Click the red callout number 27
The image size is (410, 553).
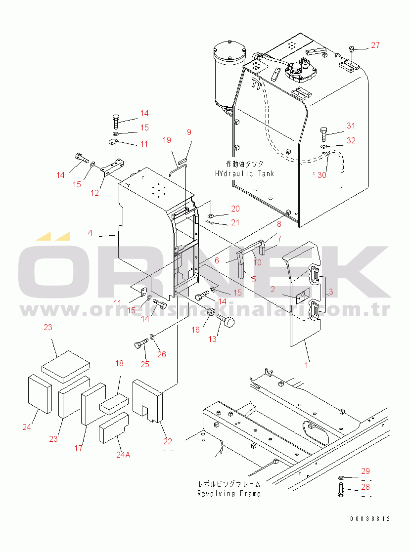coord(375,45)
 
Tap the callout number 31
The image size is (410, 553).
coord(351,126)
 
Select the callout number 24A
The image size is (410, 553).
coord(123,455)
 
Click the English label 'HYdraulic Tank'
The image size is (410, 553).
coord(244,173)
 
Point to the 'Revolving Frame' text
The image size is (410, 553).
coord(229,494)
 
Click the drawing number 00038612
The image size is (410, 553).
coord(370,519)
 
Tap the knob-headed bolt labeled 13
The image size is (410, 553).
coord(226,321)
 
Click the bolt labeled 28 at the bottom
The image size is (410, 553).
coord(341,491)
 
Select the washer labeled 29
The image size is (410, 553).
coord(341,477)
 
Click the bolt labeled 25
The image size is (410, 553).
coord(141,343)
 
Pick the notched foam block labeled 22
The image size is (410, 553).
coord(147,401)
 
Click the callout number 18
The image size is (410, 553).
coord(119,363)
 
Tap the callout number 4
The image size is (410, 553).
coord(90,233)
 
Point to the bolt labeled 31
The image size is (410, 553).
coord(324,133)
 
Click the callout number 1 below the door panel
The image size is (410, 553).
coord(306,365)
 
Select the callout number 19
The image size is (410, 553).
coord(167,140)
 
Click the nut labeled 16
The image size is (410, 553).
coord(211,312)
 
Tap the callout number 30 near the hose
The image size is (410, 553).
coord(322,175)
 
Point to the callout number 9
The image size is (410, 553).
coord(189,132)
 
